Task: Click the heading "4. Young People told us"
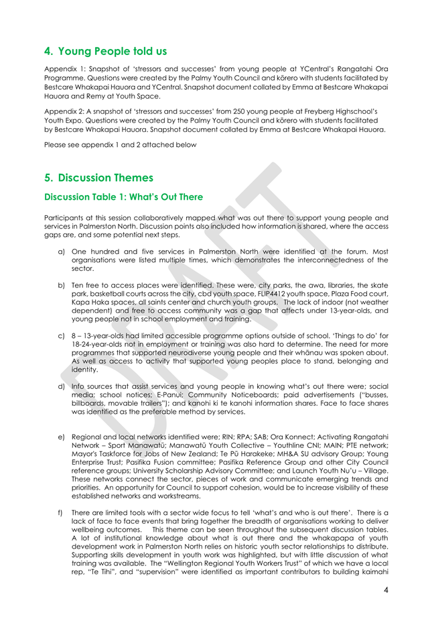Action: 105,50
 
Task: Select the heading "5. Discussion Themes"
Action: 98,178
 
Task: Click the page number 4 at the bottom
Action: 386,589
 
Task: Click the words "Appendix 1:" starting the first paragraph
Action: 64,69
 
